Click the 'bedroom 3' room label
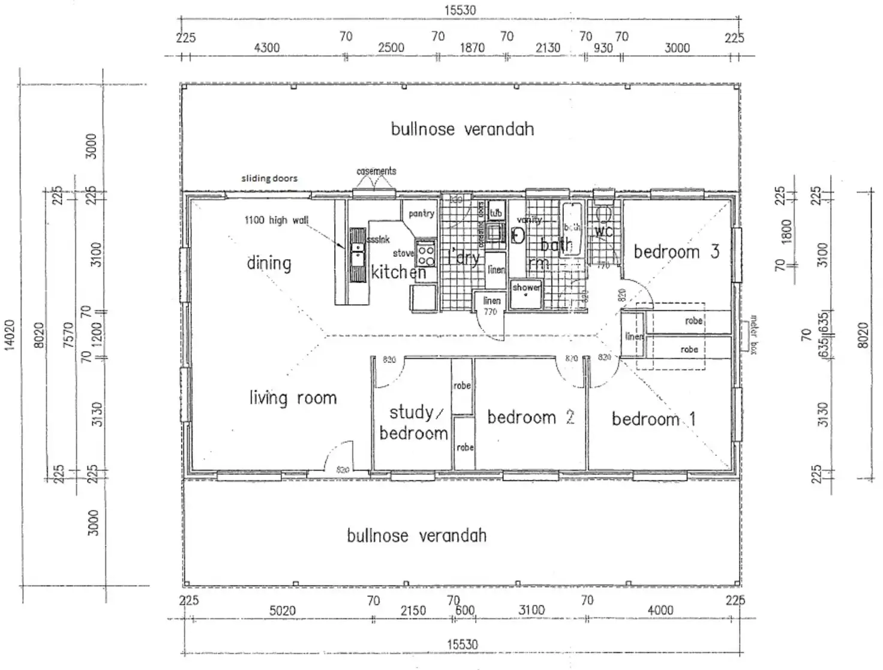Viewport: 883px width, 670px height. click(x=676, y=251)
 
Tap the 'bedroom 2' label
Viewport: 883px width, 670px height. click(x=530, y=417)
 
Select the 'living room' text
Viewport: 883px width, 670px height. click(x=293, y=398)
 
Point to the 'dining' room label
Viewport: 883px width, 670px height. click(x=269, y=263)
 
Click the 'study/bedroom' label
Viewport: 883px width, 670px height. click(x=414, y=422)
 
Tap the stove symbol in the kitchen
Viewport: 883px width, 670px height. click(x=426, y=253)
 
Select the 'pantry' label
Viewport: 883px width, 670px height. click(x=421, y=214)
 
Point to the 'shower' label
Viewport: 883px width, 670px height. click(x=526, y=287)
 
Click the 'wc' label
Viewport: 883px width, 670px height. click(x=603, y=230)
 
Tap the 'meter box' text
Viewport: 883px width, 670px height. click(x=753, y=334)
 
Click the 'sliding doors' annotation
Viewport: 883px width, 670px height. click(x=269, y=178)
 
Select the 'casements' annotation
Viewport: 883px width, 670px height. click(x=376, y=171)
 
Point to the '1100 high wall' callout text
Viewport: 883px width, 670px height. click(x=276, y=220)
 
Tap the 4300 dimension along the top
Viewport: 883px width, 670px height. click(x=266, y=47)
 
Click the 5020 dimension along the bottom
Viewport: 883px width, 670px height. click(x=282, y=611)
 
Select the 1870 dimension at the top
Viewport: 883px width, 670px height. click(x=472, y=47)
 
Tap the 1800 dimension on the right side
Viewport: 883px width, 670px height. click(x=786, y=231)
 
